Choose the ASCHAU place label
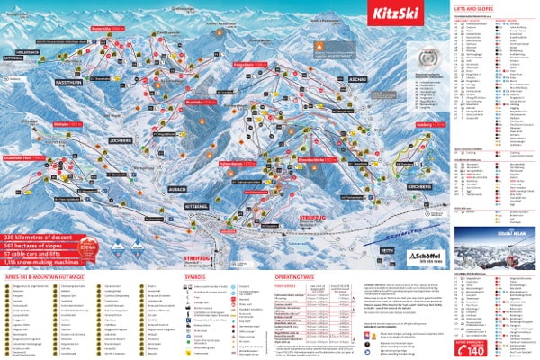coord(356,78)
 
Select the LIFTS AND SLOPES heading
coord(472,7)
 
